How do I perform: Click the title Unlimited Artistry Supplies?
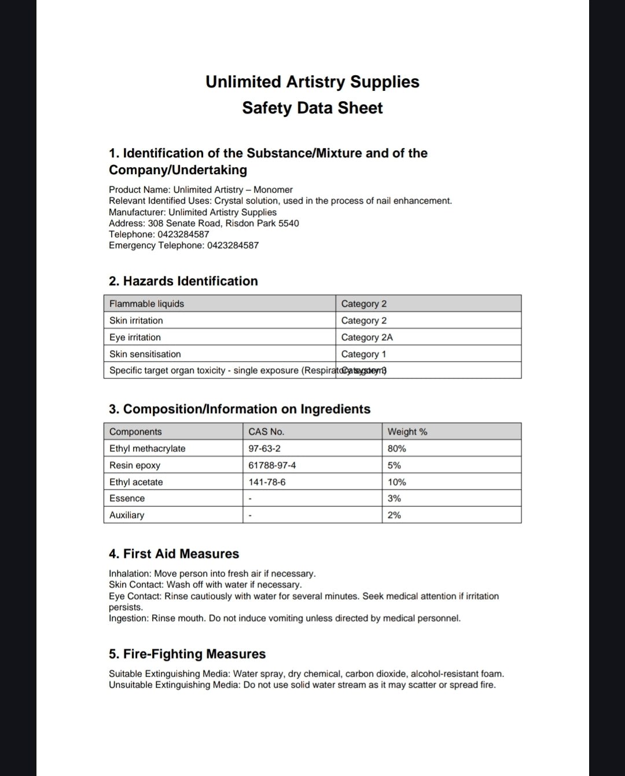[x=312, y=82]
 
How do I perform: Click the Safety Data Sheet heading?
[x=312, y=108]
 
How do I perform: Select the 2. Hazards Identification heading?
[x=183, y=281]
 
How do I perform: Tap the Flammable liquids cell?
[x=147, y=304]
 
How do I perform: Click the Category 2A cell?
[x=367, y=337]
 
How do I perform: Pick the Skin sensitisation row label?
[x=145, y=354]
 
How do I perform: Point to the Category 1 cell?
[x=363, y=354]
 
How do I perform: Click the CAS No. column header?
[x=266, y=432]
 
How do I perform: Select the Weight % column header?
[x=407, y=432]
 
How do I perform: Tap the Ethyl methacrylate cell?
[x=148, y=448]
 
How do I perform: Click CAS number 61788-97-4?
[x=272, y=465]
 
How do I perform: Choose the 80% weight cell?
[x=397, y=448]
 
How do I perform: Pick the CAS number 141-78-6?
[x=267, y=482]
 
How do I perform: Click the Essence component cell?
[x=127, y=498]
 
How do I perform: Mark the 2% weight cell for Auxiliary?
[x=394, y=515]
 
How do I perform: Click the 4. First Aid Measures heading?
[x=174, y=554]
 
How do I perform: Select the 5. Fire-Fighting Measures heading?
[x=187, y=654]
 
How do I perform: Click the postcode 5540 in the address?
[x=289, y=223]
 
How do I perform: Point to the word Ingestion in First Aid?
[x=128, y=618]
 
